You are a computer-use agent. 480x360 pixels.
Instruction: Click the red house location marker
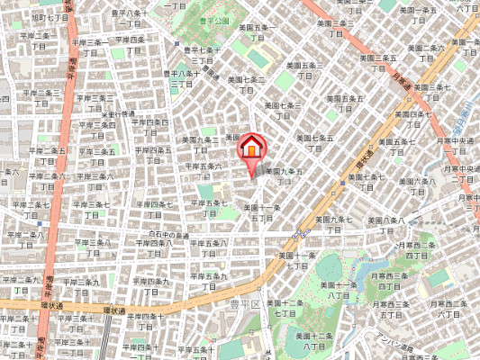click(251, 148)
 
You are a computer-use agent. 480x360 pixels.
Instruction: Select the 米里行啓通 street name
click(119, 113)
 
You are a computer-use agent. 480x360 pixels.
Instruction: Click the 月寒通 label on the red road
click(402, 83)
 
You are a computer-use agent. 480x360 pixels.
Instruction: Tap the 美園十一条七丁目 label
click(297, 260)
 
